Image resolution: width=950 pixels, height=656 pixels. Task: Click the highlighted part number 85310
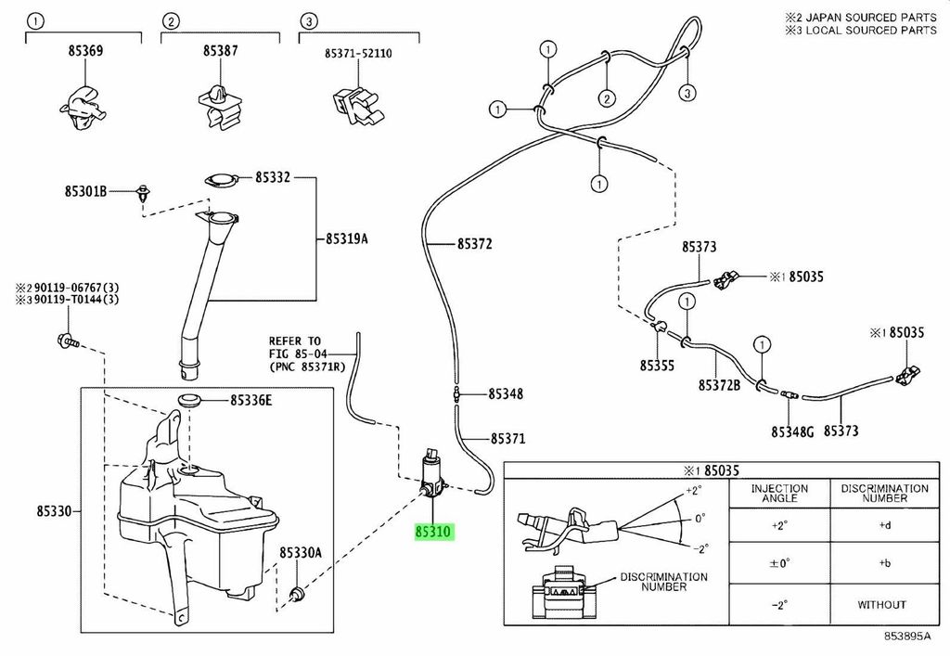(x=434, y=532)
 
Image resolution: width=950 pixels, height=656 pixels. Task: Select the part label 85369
(x=85, y=51)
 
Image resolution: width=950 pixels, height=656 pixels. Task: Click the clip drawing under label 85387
(x=220, y=107)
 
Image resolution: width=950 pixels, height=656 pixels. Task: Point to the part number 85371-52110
(x=358, y=53)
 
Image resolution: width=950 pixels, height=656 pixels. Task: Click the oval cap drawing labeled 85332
(x=219, y=180)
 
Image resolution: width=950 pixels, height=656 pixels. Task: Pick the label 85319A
(x=347, y=238)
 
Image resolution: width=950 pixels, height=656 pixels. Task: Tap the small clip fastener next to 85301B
(x=144, y=193)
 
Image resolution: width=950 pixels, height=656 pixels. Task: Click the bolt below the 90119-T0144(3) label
(x=68, y=341)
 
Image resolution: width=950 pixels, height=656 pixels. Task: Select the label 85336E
(x=250, y=401)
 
